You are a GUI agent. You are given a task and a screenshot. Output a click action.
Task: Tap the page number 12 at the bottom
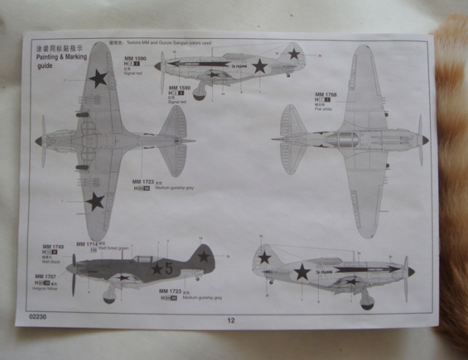231,320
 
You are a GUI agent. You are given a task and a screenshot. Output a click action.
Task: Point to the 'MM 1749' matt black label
53,247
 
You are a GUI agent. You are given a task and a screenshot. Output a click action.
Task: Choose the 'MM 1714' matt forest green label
87,244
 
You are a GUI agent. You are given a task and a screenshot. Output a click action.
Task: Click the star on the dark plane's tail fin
203,256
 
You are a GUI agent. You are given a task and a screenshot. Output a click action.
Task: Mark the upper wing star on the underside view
98,77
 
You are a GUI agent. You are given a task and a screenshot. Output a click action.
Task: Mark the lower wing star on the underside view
95,201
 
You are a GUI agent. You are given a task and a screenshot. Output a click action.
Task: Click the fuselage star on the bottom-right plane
301,272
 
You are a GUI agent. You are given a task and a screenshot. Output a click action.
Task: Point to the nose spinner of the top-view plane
424,140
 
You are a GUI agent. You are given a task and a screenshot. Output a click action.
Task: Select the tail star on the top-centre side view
294,54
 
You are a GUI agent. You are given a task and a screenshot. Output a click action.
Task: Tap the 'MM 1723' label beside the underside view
143,181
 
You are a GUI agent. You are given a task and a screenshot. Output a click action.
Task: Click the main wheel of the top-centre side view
199,94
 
